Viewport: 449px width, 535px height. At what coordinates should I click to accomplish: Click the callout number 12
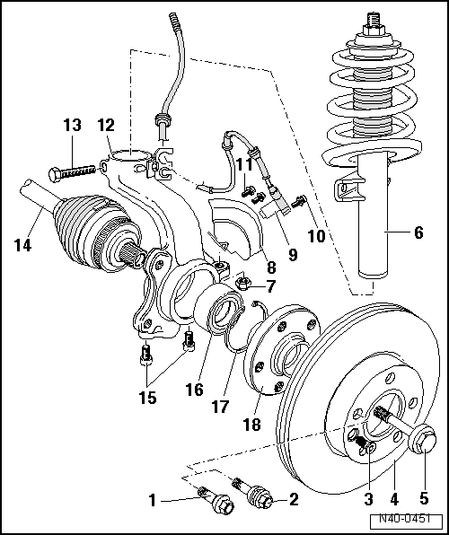pyautogui.click(x=108, y=127)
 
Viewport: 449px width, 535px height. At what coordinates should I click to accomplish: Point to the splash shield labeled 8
pyautogui.click(x=235, y=229)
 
